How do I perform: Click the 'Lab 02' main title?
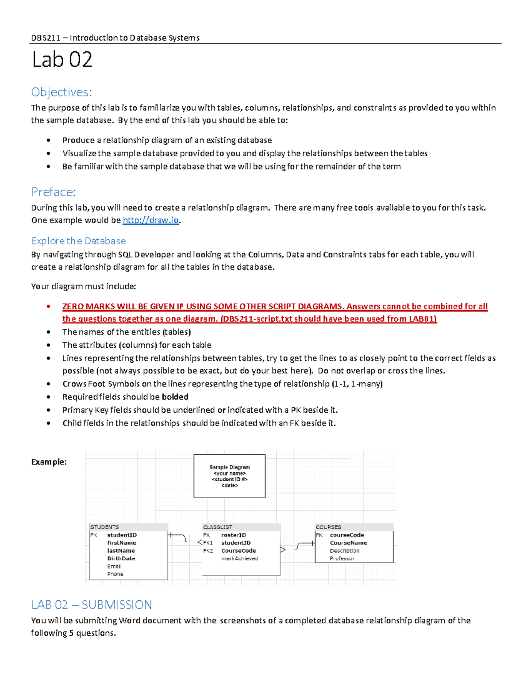click(x=62, y=60)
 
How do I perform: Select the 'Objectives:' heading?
click(x=62, y=92)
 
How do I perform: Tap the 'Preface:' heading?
click(x=53, y=192)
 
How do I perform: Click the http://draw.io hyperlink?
click(x=150, y=220)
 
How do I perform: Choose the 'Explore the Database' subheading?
click(x=78, y=241)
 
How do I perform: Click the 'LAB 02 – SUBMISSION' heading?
click(x=92, y=605)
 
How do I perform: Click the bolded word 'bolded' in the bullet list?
click(x=175, y=397)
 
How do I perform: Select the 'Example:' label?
click(x=49, y=462)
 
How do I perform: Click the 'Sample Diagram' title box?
click(x=229, y=476)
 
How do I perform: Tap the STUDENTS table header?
click(x=104, y=527)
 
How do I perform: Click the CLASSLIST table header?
click(x=217, y=527)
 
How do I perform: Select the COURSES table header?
click(x=328, y=527)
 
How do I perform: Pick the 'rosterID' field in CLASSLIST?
click(x=233, y=535)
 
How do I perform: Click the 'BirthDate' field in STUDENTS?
click(x=121, y=559)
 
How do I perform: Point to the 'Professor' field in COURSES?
click(x=342, y=559)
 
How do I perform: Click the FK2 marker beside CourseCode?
click(x=208, y=551)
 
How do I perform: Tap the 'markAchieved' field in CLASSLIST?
click(x=239, y=559)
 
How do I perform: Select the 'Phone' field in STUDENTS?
click(x=115, y=574)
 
